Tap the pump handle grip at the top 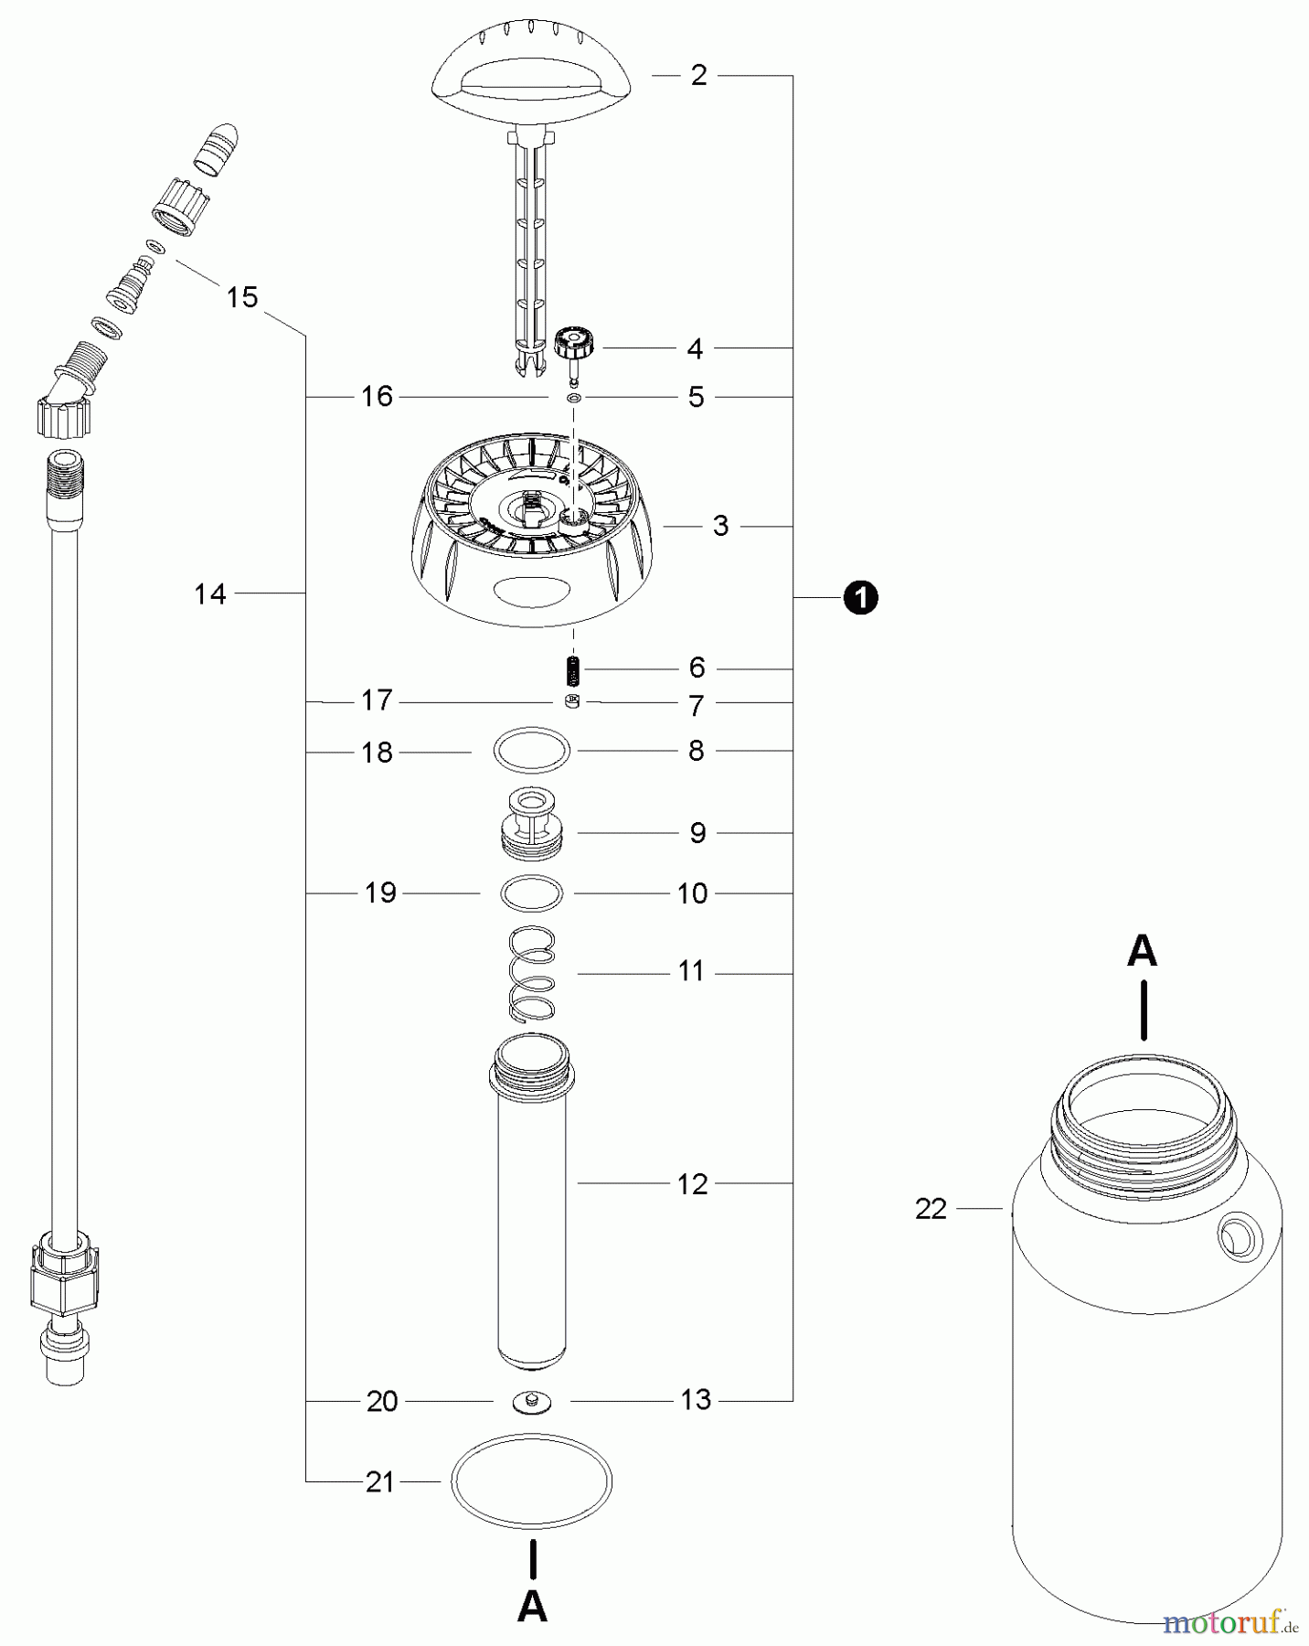click(x=531, y=79)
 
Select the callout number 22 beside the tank click(x=931, y=1209)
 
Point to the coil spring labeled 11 click(x=532, y=974)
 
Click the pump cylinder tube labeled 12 click(x=532, y=1207)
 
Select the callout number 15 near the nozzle click(x=242, y=297)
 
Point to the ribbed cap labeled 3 click(x=532, y=558)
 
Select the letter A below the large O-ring click(x=532, y=1607)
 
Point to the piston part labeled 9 click(x=532, y=822)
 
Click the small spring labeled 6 click(x=572, y=670)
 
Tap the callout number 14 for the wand click(x=210, y=594)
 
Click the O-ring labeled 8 click(x=532, y=752)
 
